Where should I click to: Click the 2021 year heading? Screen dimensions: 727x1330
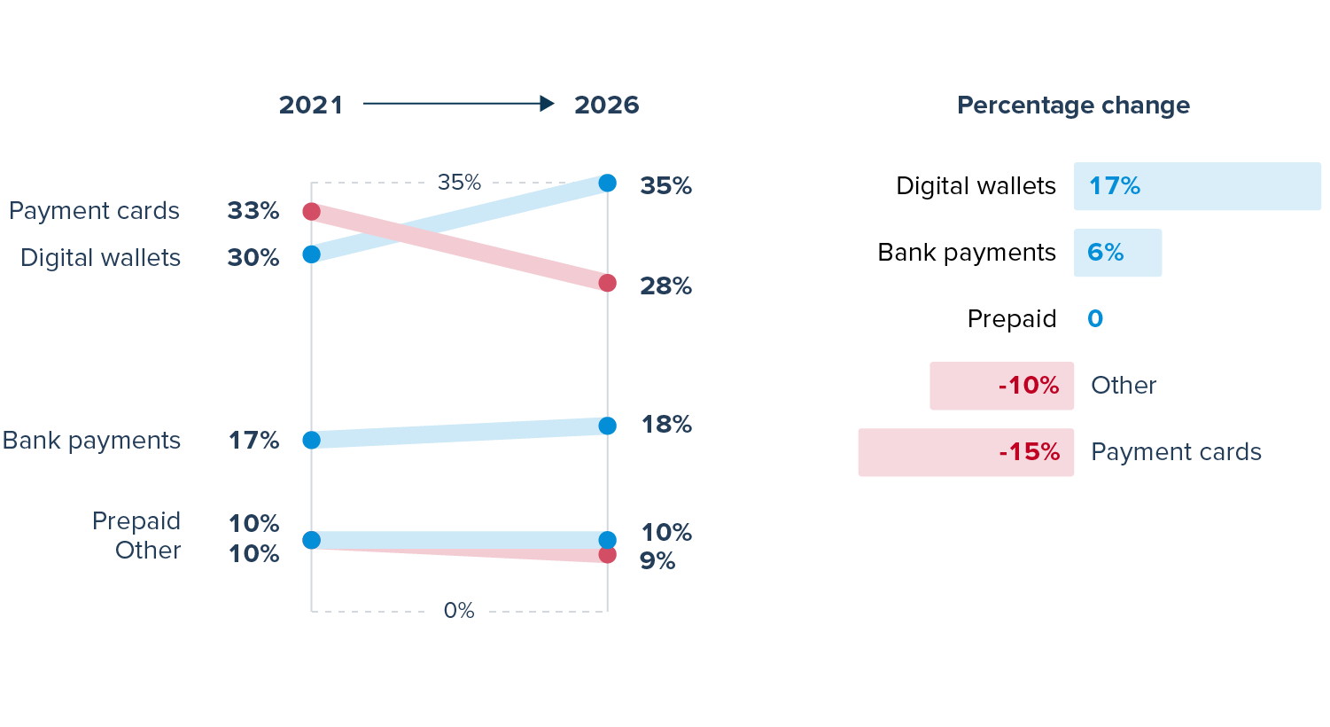(x=310, y=105)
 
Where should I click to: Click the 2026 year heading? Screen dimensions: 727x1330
(x=606, y=105)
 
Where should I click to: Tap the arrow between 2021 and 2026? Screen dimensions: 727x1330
(x=458, y=104)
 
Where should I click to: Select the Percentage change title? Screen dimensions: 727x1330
(x=1073, y=106)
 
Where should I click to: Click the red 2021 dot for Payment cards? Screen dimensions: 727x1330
(x=311, y=211)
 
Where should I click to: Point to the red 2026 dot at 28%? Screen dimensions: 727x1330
(x=607, y=283)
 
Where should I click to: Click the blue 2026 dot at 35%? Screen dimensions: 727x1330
(x=607, y=183)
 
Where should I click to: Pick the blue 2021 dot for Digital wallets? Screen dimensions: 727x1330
(x=311, y=254)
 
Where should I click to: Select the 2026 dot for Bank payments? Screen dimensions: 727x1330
(x=607, y=426)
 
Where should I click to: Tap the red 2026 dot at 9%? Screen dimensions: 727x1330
(x=607, y=555)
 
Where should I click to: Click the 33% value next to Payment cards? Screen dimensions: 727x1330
(x=253, y=211)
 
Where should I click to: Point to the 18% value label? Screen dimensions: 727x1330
(x=666, y=425)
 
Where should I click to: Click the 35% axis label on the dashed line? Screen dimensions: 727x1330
(x=459, y=182)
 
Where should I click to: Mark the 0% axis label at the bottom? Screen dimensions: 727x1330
(x=459, y=610)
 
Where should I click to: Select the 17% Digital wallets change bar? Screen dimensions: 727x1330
(x=1196, y=186)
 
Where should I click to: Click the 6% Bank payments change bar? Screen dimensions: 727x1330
(x=1117, y=253)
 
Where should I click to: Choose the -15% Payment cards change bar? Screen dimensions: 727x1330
(x=966, y=452)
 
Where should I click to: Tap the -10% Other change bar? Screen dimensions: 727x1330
(x=1001, y=386)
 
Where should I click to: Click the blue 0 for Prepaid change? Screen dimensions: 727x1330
(x=1095, y=319)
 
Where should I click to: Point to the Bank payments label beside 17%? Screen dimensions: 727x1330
(x=91, y=441)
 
